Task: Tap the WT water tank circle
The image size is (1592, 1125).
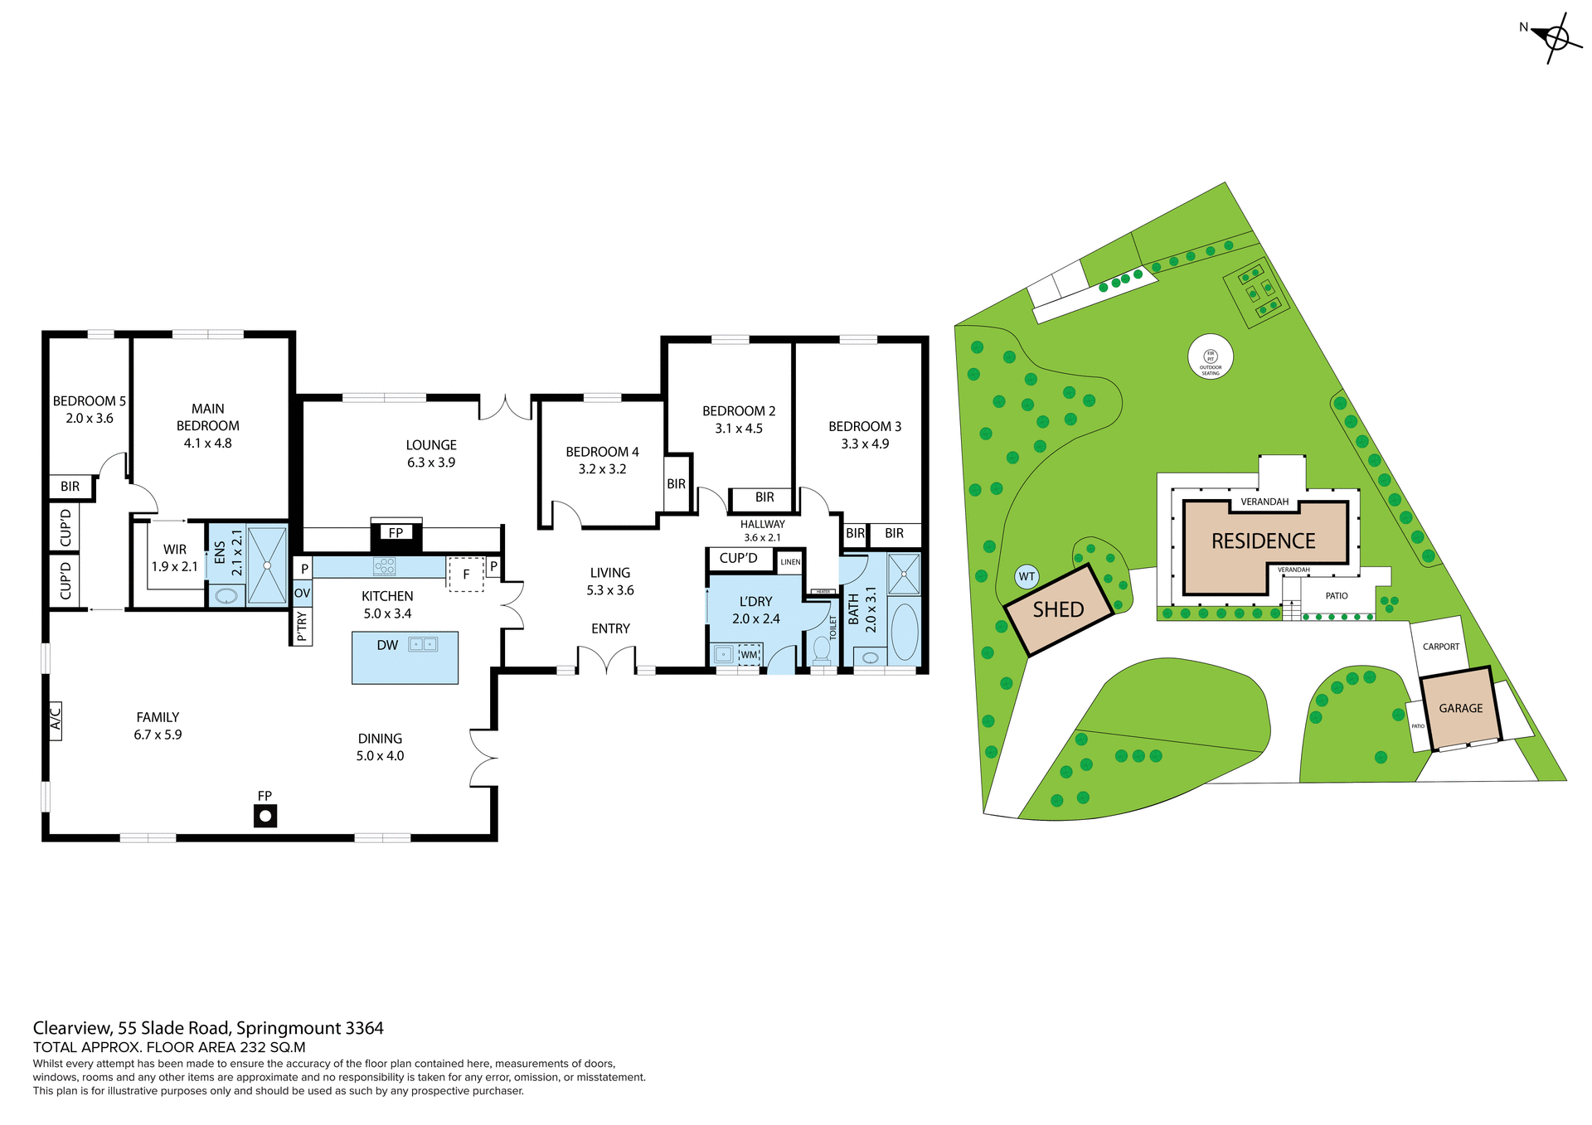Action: tap(1027, 576)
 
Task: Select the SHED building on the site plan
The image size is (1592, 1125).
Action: tap(1059, 610)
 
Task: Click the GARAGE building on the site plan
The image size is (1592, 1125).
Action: tap(1460, 708)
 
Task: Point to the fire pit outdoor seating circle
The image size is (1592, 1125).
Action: tap(1211, 357)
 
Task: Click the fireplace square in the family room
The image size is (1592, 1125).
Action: tap(265, 817)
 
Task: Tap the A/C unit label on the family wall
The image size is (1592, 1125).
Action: tap(55, 720)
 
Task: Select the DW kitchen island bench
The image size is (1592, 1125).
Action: tap(405, 657)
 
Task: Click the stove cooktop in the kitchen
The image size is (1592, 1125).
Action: tap(385, 566)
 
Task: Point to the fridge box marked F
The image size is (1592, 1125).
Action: tap(466, 574)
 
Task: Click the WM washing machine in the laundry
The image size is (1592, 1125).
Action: tap(750, 654)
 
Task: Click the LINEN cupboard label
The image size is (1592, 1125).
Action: tap(790, 562)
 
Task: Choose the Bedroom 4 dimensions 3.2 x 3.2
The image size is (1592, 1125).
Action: tap(602, 469)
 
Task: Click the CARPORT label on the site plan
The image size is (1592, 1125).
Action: tap(1440, 647)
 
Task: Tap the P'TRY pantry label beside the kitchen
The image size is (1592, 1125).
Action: tap(302, 627)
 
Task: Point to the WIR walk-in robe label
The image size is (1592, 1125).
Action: tap(175, 550)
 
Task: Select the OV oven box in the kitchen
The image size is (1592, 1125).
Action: tap(302, 594)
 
